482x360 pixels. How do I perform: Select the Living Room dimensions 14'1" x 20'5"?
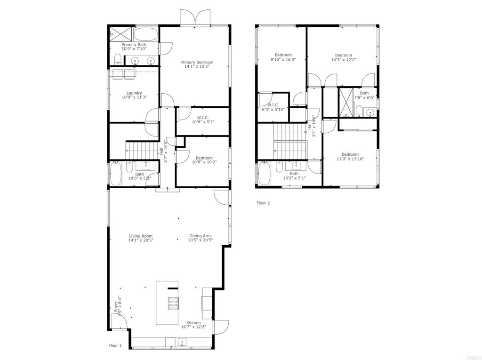coord(141,240)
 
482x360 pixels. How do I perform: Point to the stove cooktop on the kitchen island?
coord(173,304)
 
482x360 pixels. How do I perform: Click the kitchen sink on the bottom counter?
coord(181,342)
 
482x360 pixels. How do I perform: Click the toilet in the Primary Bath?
coord(118,60)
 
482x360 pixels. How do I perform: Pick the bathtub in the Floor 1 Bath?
coord(116,174)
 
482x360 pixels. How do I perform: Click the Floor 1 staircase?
coord(141,151)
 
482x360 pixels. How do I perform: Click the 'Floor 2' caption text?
coord(263,203)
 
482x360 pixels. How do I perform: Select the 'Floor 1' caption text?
coord(115,345)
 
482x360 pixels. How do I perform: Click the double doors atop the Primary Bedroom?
coord(195,18)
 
